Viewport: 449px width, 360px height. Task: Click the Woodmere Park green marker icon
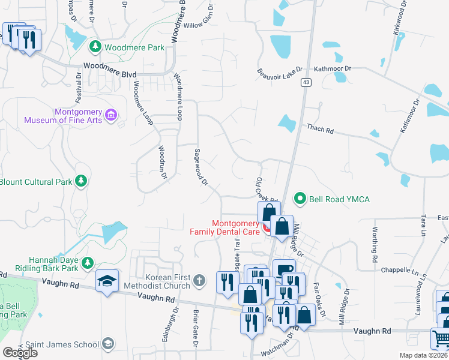[x=95, y=46]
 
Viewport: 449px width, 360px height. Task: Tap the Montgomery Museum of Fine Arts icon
[x=110, y=114]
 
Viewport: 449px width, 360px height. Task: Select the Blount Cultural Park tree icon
[x=80, y=181]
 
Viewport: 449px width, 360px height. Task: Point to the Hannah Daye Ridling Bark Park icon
[x=88, y=263]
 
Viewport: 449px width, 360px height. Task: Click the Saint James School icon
[x=107, y=344]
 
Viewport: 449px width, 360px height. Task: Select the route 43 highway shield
[x=306, y=83]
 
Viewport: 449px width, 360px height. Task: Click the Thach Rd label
[x=319, y=128]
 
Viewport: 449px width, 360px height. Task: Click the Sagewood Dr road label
[x=200, y=166]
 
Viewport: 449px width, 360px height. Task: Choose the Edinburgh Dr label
[x=167, y=325]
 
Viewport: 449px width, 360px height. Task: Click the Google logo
[x=20, y=352]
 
